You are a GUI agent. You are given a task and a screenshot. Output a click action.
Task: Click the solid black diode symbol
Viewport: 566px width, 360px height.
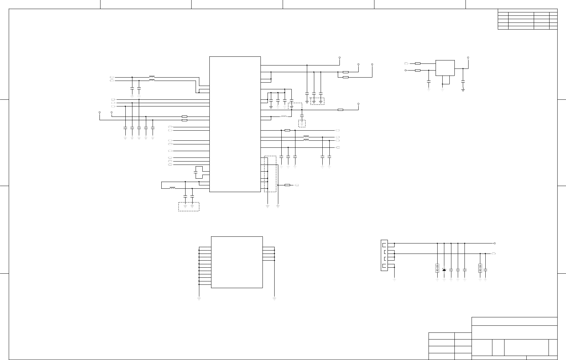pyautogui.click(x=444, y=270)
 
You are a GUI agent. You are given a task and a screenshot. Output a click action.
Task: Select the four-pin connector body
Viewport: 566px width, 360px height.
pyautogui.click(x=384, y=255)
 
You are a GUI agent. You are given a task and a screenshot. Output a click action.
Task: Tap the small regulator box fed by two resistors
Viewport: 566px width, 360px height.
pyautogui.click(x=445, y=68)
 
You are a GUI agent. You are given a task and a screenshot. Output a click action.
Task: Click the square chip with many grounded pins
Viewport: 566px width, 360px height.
pyautogui.click(x=237, y=262)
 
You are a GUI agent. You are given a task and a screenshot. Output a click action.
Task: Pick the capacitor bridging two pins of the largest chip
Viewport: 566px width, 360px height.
pyautogui.click(x=196, y=172)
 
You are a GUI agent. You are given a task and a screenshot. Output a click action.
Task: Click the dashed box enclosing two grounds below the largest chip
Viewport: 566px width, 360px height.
pyautogui.click(x=189, y=207)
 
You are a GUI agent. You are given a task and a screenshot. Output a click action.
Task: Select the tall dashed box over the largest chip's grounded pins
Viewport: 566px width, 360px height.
pyautogui.click(x=270, y=174)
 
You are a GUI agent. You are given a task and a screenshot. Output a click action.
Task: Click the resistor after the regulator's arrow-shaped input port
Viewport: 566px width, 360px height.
pyautogui.click(x=418, y=63)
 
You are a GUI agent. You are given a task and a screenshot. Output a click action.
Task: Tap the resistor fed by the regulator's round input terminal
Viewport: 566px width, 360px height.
pyautogui.click(x=418, y=70)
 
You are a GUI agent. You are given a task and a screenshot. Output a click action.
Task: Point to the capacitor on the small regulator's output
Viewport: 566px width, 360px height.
pyautogui.click(x=463, y=81)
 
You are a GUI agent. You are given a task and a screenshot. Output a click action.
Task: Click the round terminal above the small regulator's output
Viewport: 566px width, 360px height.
pyautogui.click(x=468, y=57)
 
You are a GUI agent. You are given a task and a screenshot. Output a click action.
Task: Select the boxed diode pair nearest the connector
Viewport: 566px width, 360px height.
pyautogui.click(x=437, y=268)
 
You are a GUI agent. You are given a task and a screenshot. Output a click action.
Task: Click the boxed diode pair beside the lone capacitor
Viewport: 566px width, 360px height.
pyautogui.click(x=480, y=268)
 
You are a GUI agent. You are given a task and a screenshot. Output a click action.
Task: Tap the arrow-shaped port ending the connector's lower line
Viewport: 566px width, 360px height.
pyautogui.click(x=494, y=254)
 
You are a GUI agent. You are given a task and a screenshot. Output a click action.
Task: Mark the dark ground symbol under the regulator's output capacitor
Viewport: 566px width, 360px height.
pyautogui.click(x=463, y=90)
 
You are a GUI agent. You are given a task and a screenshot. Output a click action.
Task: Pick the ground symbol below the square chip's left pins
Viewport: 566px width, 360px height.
pyautogui.click(x=199, y=298)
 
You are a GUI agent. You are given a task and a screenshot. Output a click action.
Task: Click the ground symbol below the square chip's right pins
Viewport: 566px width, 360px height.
pyautogui.click(x=275, y=298)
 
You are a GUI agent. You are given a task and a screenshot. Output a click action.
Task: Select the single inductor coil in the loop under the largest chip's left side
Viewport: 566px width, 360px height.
pyautogui.click(x=172, y=188)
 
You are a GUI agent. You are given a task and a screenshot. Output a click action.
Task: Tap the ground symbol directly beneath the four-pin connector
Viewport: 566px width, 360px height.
pyautogui.click(x=394, y=279)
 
